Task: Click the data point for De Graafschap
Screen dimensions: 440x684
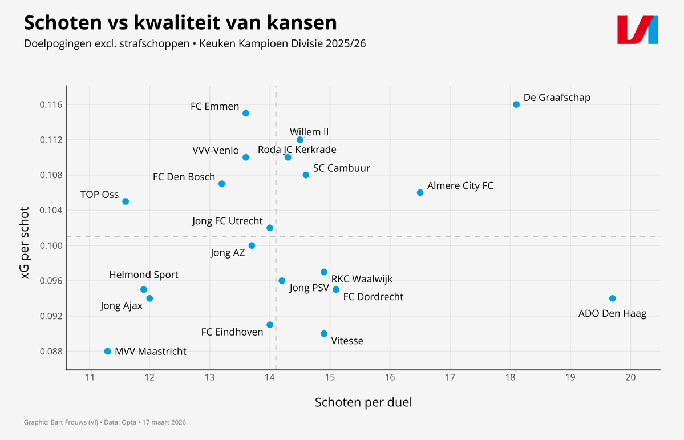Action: tap(516, 104)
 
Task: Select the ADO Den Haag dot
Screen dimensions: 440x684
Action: tap(613, 298)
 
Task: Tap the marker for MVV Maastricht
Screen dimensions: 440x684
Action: tap(107, 351)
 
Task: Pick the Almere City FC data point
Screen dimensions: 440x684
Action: tap(420, 192)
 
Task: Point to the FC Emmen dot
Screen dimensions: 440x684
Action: tap(246, 113)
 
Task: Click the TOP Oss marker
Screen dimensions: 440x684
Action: tap(126, 201)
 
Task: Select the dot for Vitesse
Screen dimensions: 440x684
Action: tap(324, 333)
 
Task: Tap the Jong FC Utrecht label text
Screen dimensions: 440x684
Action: tap(228, 221)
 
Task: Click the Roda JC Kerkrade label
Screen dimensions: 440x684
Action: tap(297, 150)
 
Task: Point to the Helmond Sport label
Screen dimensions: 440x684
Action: tap(144, 275)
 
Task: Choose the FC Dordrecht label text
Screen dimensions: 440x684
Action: tap(373, 297)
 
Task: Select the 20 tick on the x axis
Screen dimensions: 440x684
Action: tap(630, 378)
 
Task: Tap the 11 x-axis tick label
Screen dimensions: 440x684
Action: tap(90, 378)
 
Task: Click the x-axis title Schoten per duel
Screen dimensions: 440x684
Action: tap(363, 402)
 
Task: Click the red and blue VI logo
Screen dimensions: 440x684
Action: tap(638, 30)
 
